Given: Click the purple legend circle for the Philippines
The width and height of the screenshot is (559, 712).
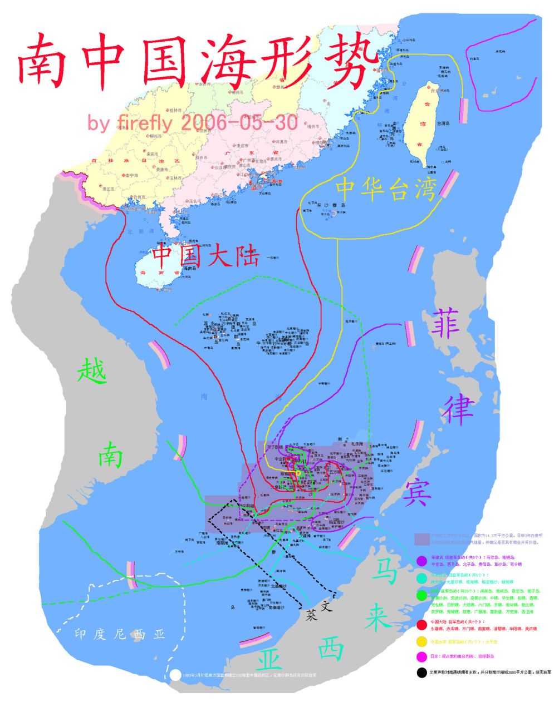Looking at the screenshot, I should coord(421,560).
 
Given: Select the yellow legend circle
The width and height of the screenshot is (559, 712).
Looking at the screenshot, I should coord(421,641).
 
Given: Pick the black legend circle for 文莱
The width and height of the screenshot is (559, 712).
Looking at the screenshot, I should coord(421,673).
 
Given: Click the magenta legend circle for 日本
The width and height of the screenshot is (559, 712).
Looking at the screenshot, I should coord(421,656).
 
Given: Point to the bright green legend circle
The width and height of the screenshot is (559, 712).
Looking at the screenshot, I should coord(421,596).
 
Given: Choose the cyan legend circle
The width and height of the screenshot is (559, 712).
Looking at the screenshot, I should coord(421,577).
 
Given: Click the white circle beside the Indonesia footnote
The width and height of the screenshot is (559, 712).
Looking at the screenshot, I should coord(175,675).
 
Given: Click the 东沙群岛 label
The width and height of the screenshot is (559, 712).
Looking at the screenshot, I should coord(331,205).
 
